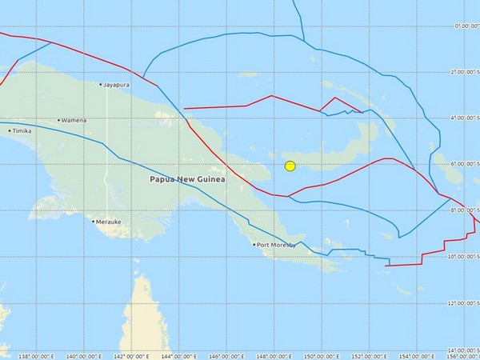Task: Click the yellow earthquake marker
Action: pos(290,166)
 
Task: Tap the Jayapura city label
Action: pos(117,84)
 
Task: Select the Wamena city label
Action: pos(74,121)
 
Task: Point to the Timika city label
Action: pos(23,130)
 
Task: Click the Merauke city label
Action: pos(107,222)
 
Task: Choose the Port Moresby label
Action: pos(276,245)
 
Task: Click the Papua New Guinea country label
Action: pos(188,179)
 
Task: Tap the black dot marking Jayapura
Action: pos(101,84)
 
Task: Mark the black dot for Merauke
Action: pos(94,222)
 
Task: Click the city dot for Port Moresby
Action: pos(254,245)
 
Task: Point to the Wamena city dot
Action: pos(59,121)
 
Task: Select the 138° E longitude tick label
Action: pos(35,355)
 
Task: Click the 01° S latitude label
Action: pos(466,26)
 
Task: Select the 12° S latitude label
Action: pos(466,304)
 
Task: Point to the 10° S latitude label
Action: pos(466,258)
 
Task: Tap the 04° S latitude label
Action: pos(466,118)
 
